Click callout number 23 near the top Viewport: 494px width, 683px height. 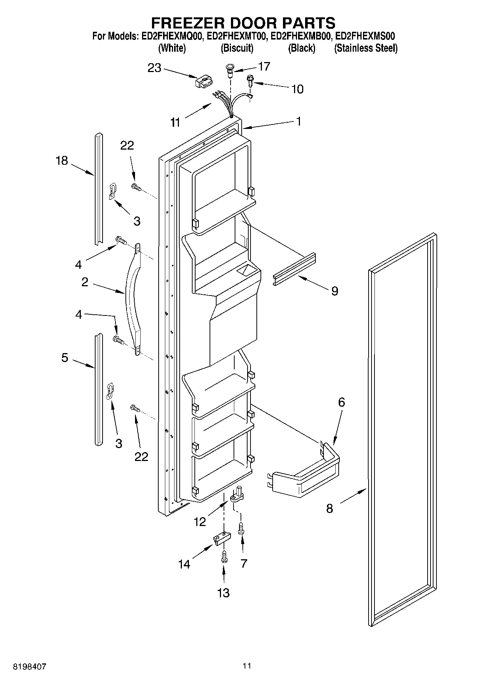155,68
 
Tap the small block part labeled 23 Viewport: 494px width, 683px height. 204,81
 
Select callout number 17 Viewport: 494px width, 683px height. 264,66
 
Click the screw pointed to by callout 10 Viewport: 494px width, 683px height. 250,80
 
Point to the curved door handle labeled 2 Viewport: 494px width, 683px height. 133,299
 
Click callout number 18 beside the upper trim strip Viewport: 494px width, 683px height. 62,161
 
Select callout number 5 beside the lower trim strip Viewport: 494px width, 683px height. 65,358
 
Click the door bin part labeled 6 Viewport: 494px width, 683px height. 306,471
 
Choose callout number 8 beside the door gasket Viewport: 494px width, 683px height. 329,508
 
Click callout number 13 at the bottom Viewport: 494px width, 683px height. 224,593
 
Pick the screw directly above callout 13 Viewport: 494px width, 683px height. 223,558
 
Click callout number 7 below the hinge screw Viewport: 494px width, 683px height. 243,563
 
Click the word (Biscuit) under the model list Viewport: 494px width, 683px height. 237,48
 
